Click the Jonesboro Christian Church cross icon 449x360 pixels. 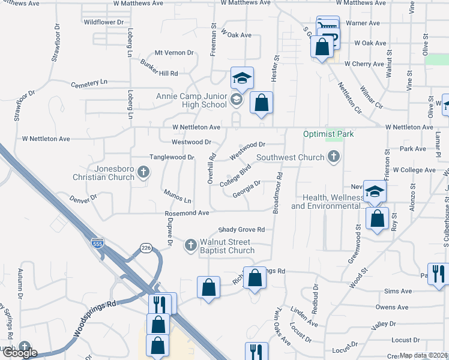[x=143, y=173]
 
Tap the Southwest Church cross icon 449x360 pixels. [x=334, y=157]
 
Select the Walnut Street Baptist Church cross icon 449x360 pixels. [x=190, y=245]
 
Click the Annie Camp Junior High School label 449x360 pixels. [x=191, y=100]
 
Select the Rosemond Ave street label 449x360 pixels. [x=187, y=213]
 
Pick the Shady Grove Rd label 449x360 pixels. [x=241, y=229]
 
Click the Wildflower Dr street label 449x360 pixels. [x=104, y=22]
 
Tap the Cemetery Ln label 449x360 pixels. [x=89, y=82]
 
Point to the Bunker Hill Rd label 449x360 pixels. [x=159, y=73]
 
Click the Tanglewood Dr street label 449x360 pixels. [x=172, y=157]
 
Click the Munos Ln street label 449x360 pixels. [x=177, y=196]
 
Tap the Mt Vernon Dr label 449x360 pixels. [x=174, y=53]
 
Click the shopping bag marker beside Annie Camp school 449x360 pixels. [x=261, y=103]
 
